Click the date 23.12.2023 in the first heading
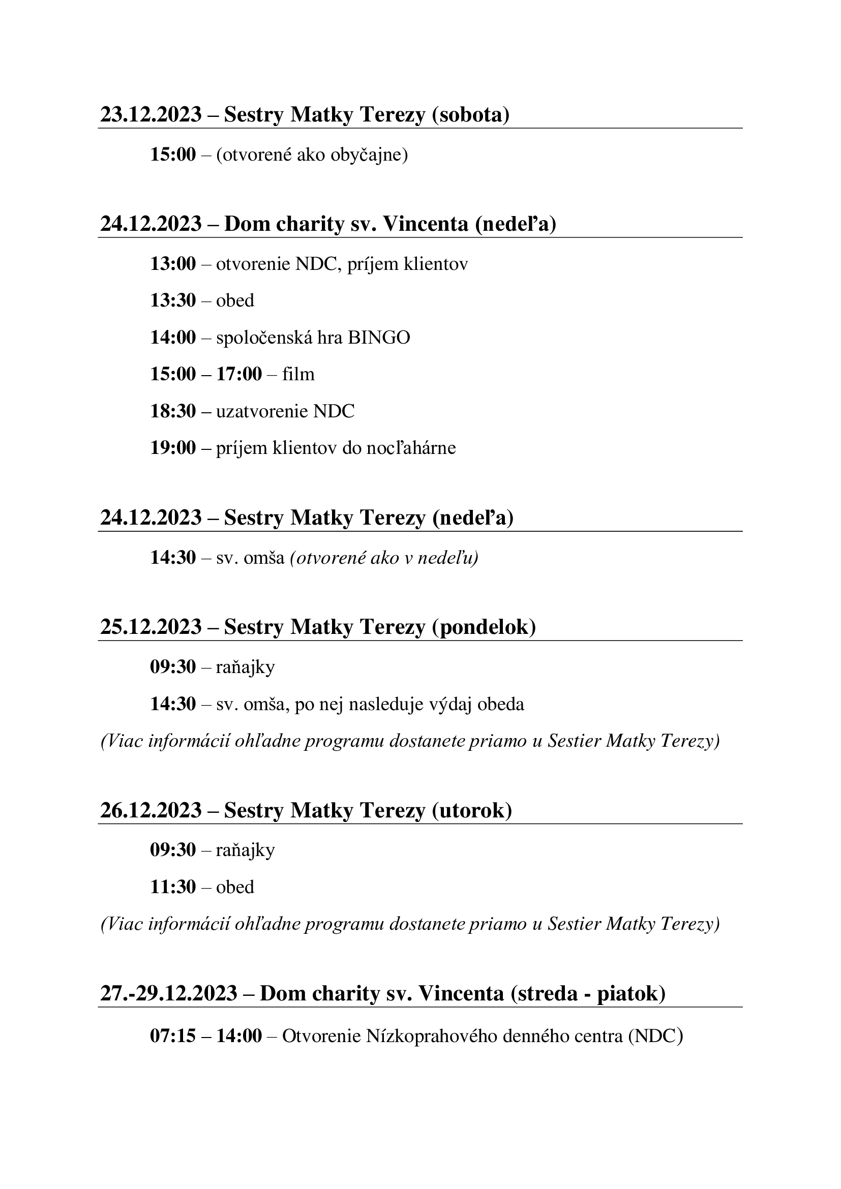point(151,114)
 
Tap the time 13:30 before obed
point(173,301)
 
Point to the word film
point(298,375)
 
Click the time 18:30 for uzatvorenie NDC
point(173,411)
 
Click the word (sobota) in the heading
point(470,114)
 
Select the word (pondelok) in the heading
point(484,627)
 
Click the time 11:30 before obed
point(173,887)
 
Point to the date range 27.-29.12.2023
point(168,994)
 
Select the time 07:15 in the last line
point(173,1036)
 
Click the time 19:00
point(173,448)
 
